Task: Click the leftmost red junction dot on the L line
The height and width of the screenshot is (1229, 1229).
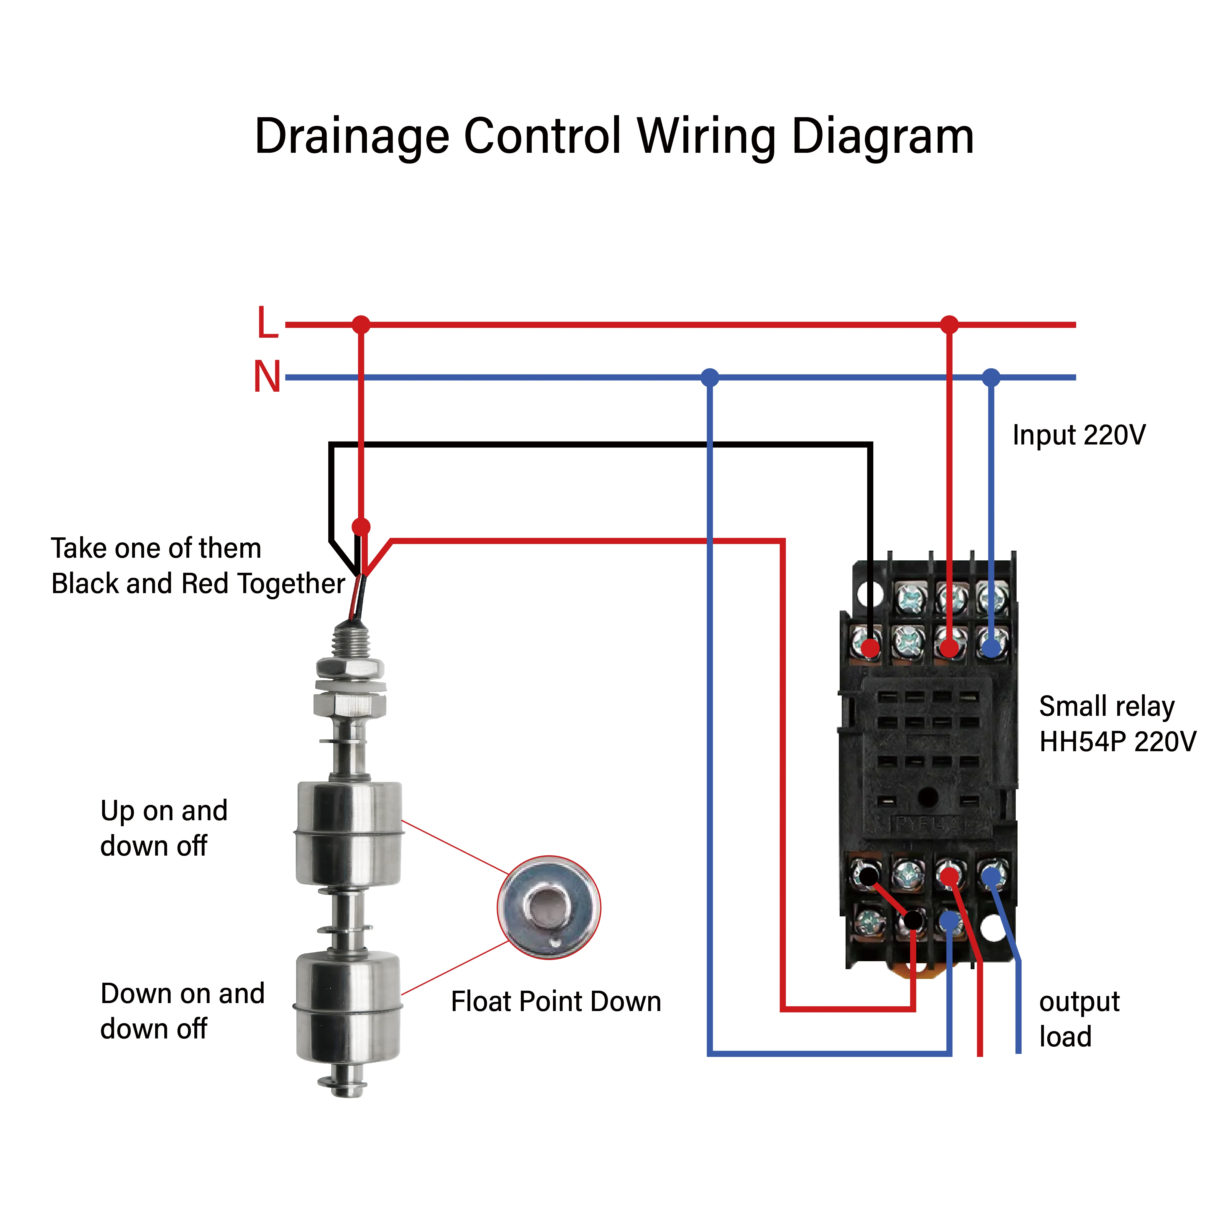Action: click(361, 324)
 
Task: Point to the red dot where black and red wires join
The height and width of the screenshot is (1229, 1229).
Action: click(361, 527)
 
